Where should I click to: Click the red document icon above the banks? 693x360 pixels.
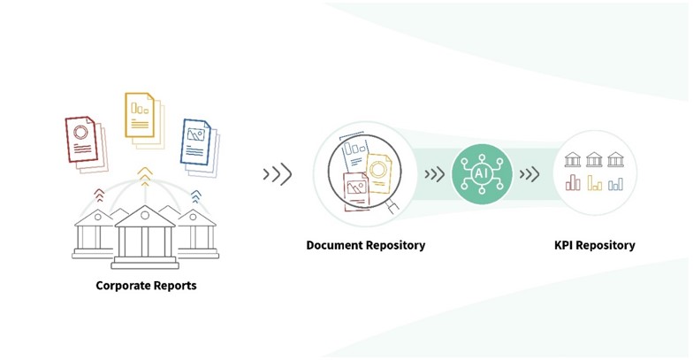87,144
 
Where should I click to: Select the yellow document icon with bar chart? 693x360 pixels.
145,120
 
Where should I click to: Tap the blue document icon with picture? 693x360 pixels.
200,148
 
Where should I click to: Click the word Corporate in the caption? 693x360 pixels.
122,286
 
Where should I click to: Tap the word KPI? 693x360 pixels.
564,246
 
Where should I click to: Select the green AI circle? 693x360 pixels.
482,173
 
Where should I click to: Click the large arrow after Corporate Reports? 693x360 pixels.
278,174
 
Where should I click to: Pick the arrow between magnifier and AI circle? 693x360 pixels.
435,174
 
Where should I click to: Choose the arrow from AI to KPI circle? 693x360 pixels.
529,174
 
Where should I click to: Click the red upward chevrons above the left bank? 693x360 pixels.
99,195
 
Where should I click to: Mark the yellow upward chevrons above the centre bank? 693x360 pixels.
145,176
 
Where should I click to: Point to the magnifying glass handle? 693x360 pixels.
392,207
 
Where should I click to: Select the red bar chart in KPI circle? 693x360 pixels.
573,182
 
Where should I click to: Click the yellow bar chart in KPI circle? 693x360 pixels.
594,182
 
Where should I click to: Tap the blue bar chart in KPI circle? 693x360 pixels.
615,184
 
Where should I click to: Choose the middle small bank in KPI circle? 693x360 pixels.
594,159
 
